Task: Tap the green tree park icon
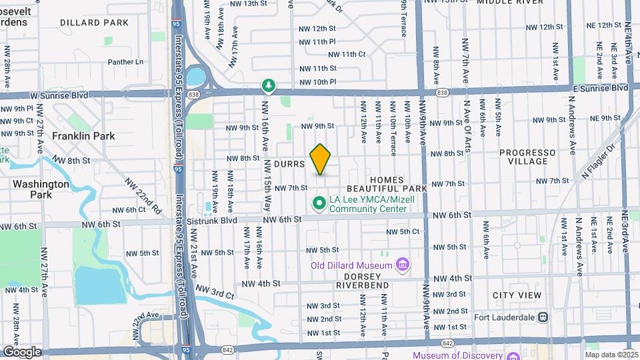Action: click(268, 85)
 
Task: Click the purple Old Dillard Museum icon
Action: click(402, 265)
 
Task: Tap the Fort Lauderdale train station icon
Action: click(543, 317)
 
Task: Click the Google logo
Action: click(21, 352)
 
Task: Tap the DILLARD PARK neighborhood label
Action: click(94, 23)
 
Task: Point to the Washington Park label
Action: click(41, 189)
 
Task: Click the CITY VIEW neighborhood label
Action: click(517, 295)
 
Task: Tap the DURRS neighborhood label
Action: click(289, 163)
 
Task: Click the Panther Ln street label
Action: click(125, 62)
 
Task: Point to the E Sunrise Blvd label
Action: click(600, 88)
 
